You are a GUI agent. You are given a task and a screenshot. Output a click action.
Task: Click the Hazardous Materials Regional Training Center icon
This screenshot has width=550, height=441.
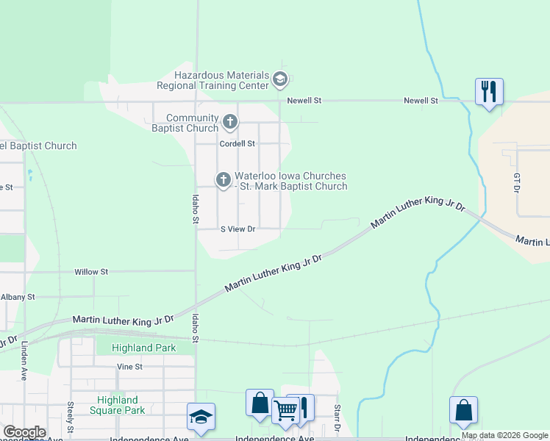point(279,79)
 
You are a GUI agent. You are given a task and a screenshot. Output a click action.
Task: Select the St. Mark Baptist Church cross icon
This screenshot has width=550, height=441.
point(223,179)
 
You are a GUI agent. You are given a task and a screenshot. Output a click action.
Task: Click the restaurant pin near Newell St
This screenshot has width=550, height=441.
point(489,92)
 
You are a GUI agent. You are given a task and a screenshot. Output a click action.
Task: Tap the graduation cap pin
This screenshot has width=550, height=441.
point(201,417)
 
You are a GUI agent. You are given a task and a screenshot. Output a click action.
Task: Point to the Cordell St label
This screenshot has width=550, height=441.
point(237,143)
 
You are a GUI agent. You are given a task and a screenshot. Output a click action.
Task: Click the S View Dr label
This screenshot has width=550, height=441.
point(238,229)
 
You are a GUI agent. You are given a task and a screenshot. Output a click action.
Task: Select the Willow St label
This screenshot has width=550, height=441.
point(91,271)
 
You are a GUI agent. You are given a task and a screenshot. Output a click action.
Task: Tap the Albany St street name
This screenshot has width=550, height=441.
point(18,297)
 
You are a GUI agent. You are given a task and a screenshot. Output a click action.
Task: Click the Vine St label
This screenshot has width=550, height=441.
point(129,366)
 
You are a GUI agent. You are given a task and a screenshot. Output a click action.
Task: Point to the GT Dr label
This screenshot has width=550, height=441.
point(517,183)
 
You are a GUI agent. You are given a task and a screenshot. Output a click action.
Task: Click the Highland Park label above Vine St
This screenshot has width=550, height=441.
point(144,348)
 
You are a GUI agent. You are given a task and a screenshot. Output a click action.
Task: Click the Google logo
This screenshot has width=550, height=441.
point(24,432)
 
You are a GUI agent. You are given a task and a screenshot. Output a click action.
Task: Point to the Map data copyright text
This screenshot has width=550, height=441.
point(504,435)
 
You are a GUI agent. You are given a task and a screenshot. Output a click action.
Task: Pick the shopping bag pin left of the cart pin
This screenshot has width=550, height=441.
point(260,403)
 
